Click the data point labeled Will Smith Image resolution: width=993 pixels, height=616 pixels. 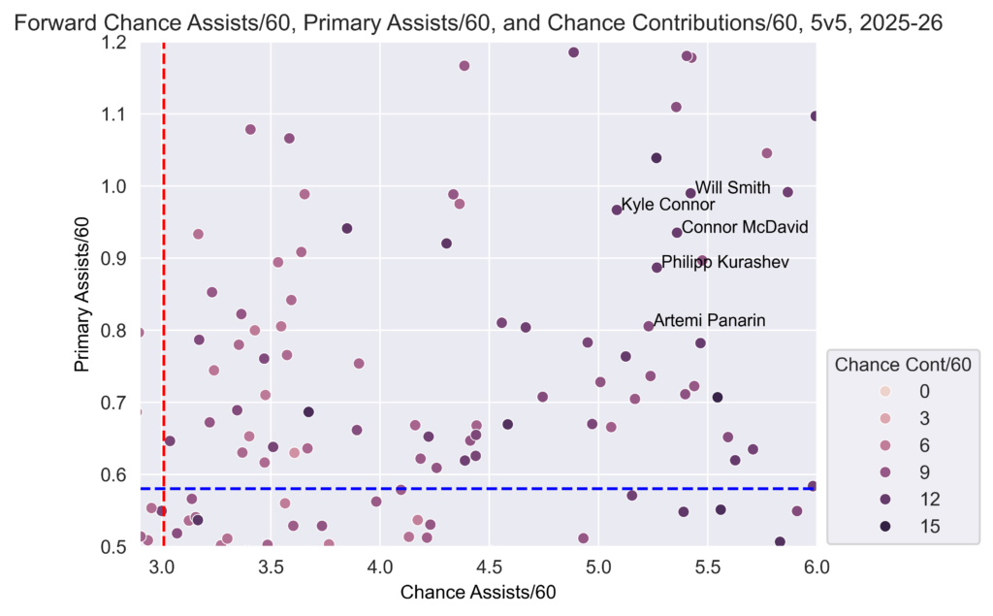tap(690, 193)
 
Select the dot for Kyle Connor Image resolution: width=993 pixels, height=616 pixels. tap(617, 210)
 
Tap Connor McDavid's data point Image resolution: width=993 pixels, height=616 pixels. tap(677, 233)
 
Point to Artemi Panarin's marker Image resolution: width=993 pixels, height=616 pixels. tap(649, 326)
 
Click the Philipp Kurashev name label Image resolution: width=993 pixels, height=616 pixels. tap(724, 263)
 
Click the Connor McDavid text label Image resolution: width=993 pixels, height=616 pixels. tap(744, 228)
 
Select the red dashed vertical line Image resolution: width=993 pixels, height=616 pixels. tap(163, 291)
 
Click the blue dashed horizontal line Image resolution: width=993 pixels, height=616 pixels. tap(485, 488)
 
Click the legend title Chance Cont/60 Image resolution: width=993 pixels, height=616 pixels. tap(903, 365)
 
